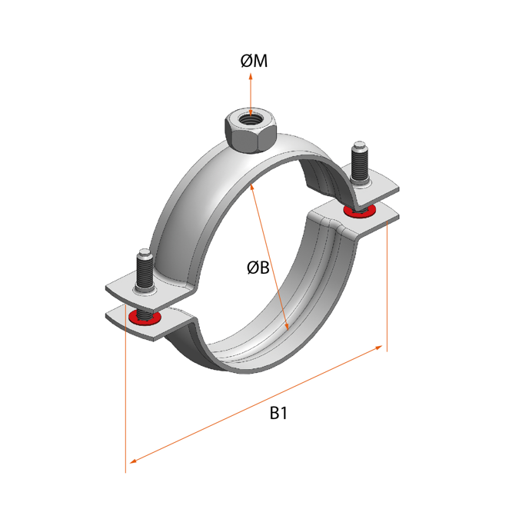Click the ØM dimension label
coord(254,62)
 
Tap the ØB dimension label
coord(258,268)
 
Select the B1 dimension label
coord(278,413)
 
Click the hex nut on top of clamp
coord(248,129)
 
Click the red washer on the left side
coord(145,317)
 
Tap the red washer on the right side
coord(361,210)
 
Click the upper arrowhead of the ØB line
coord(252,187)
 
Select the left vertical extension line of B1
coord(125,400)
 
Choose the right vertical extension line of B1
coord(387,292)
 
